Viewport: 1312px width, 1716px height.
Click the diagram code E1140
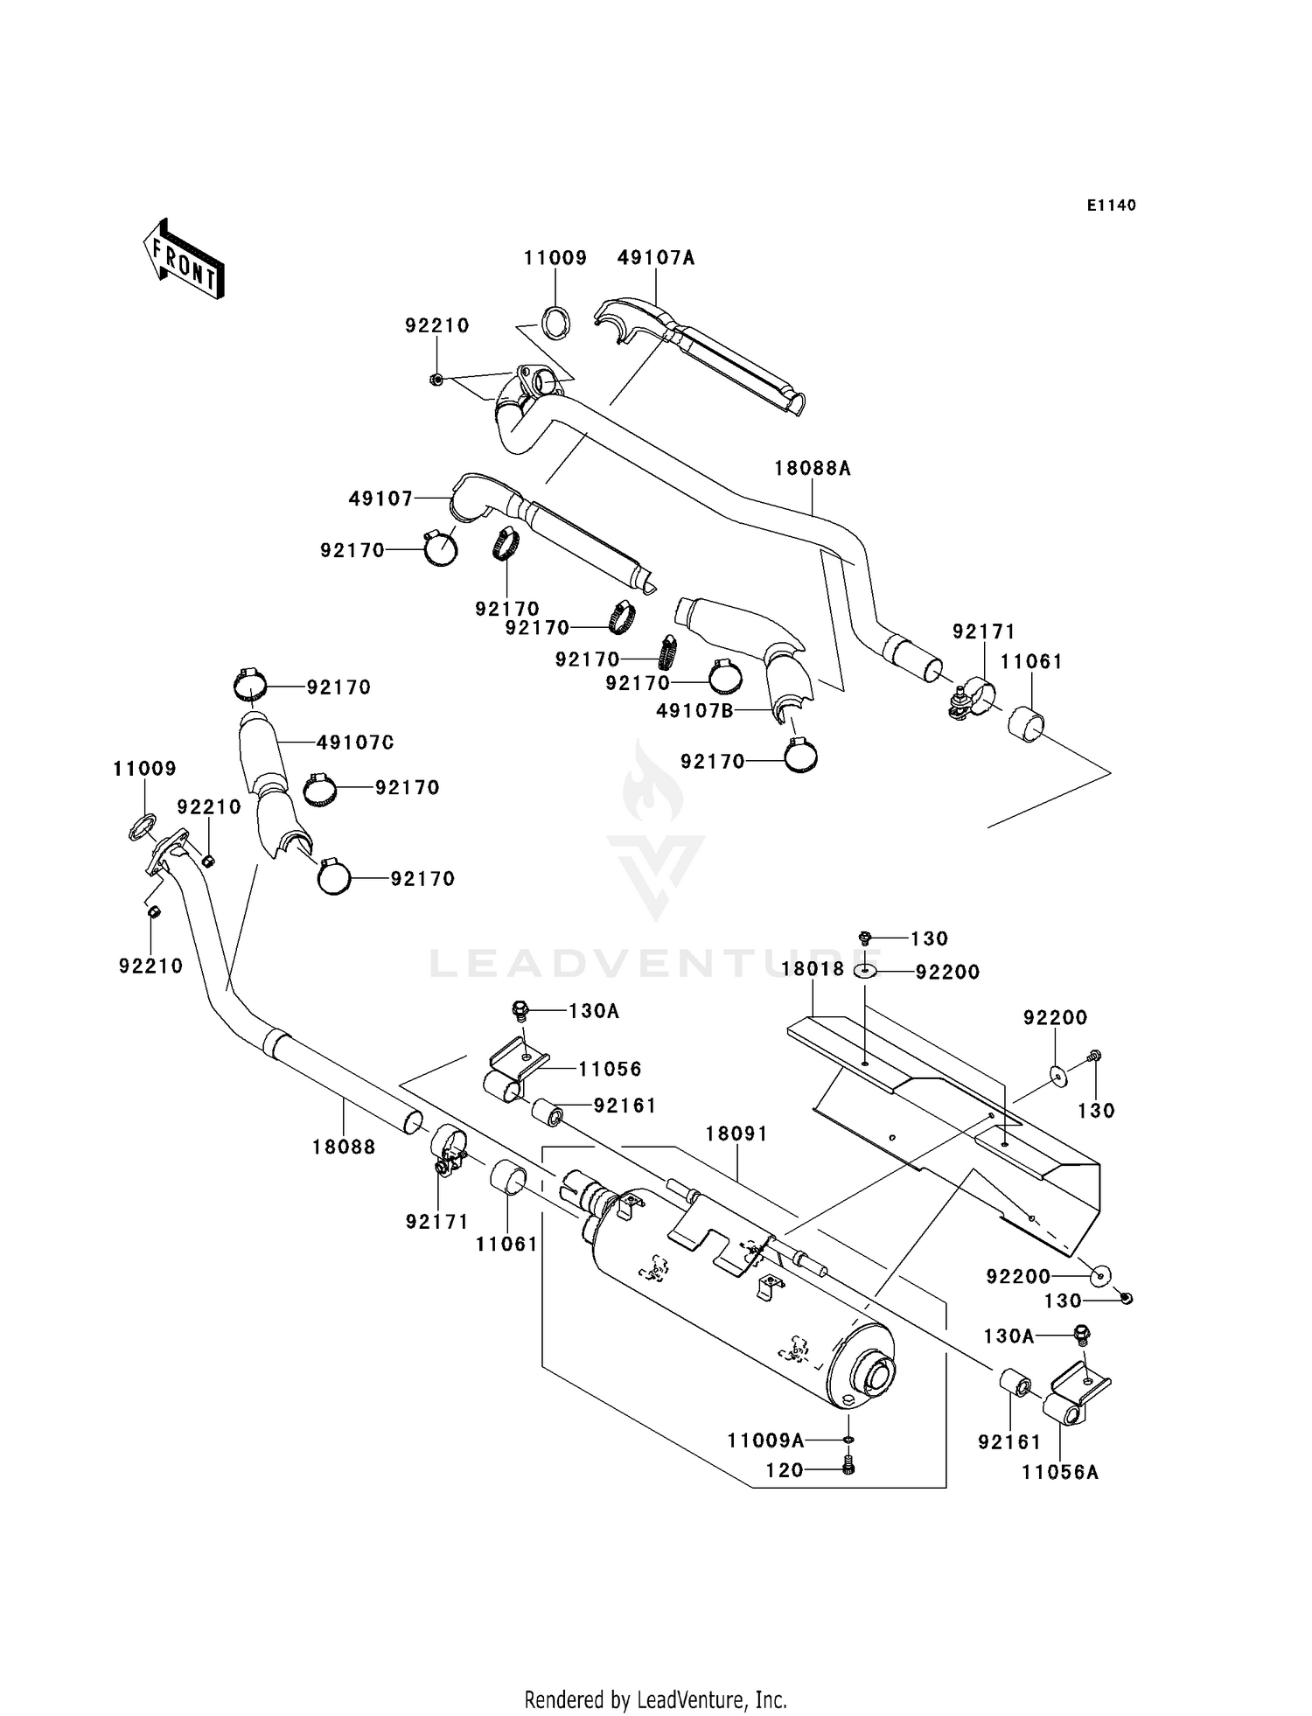1111,206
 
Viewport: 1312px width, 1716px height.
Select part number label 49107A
655,258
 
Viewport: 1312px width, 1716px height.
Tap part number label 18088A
812,469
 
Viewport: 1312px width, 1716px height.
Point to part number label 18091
737,1134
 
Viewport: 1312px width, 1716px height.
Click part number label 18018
813,969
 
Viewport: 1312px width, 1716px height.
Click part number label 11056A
1059,1473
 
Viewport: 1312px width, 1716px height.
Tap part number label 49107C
355,743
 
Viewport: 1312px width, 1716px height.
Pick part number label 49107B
694,711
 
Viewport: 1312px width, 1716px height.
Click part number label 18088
344,1147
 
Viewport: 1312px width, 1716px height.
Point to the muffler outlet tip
877,1378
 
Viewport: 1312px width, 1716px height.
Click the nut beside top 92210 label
435,379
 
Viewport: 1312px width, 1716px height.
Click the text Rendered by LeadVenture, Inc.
655,1699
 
